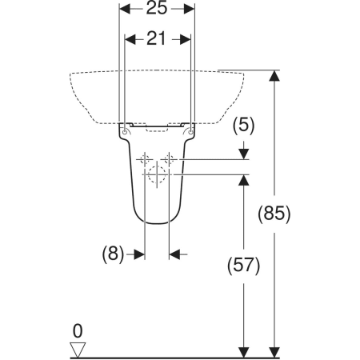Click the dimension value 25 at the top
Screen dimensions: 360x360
[157, 8]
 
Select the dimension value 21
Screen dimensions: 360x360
[156, 39]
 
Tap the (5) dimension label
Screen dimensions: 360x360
[244, 126]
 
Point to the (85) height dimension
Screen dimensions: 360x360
[274, 214]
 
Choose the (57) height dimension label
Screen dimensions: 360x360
[243, 266]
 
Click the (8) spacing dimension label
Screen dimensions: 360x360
[113, 254]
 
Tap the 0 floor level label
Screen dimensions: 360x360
[78, 331]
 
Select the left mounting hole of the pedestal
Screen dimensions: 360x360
[125, 132]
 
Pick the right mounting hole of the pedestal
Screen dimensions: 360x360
[190, 132]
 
